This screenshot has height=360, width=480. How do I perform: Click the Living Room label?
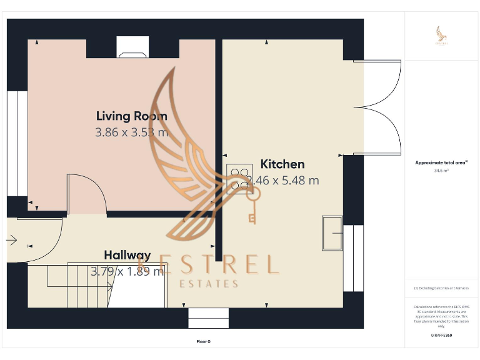[x=131, y=116]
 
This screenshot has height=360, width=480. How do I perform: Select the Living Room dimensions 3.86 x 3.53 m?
[x=131, y=132]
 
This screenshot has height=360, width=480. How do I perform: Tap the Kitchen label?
[x=282, y=164]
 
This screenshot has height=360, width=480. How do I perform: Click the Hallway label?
[x=127, y=255]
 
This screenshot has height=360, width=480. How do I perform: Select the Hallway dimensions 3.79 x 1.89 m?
[x=127, y=271]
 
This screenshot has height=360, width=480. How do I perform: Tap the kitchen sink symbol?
[x=332, y=232]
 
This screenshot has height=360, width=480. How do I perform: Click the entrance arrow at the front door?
[x=11, y=239]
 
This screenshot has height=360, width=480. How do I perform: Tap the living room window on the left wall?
[x=17, y=143]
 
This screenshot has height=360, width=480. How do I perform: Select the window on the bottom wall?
[x=208, y=317]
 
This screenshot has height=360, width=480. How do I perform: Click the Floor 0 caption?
[x=203, y=342]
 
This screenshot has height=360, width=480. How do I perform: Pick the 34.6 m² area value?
[x=442, y=170]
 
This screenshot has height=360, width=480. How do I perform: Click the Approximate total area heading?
[x=442, y=162]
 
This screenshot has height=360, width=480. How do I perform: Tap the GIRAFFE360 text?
[x=441, y=336]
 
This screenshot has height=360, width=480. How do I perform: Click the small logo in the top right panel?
[x=442, y=36]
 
